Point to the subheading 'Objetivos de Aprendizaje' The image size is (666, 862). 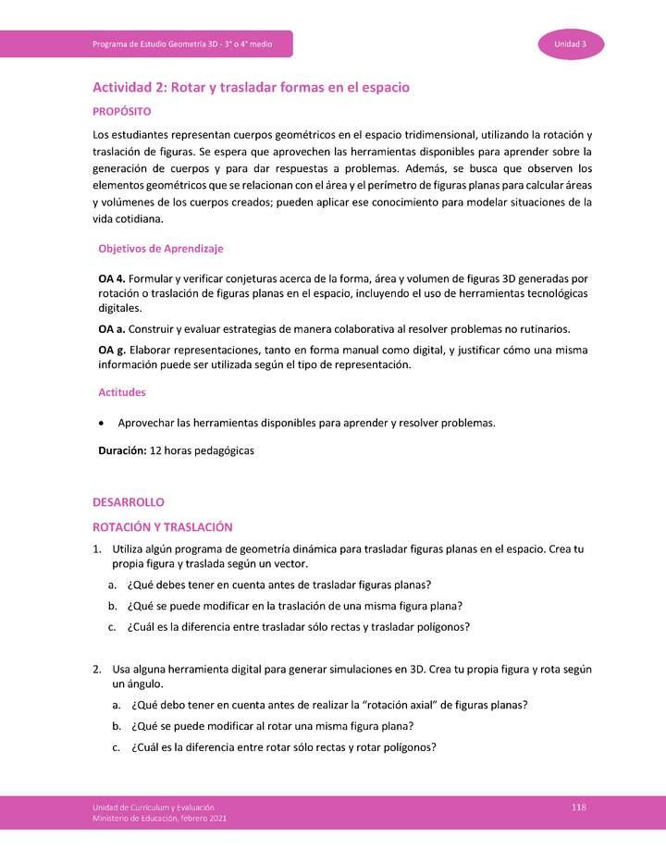click(x=160, y=249)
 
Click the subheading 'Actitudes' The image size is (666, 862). click(x=122, y=392)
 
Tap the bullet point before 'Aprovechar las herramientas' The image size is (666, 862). click(x=101, y=424)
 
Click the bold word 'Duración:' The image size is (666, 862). click(x=122, y=451)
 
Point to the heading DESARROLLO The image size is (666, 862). click(x=128, y=502)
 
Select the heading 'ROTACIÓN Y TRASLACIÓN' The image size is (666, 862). click(x=162, y=526)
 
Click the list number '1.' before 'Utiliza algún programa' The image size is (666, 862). click(x=97, y=549)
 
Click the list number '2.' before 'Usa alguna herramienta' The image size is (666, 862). click(x=97, y=669)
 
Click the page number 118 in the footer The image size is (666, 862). click(x=579, y=807)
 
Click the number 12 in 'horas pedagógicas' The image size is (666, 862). click(x=155, y=451)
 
